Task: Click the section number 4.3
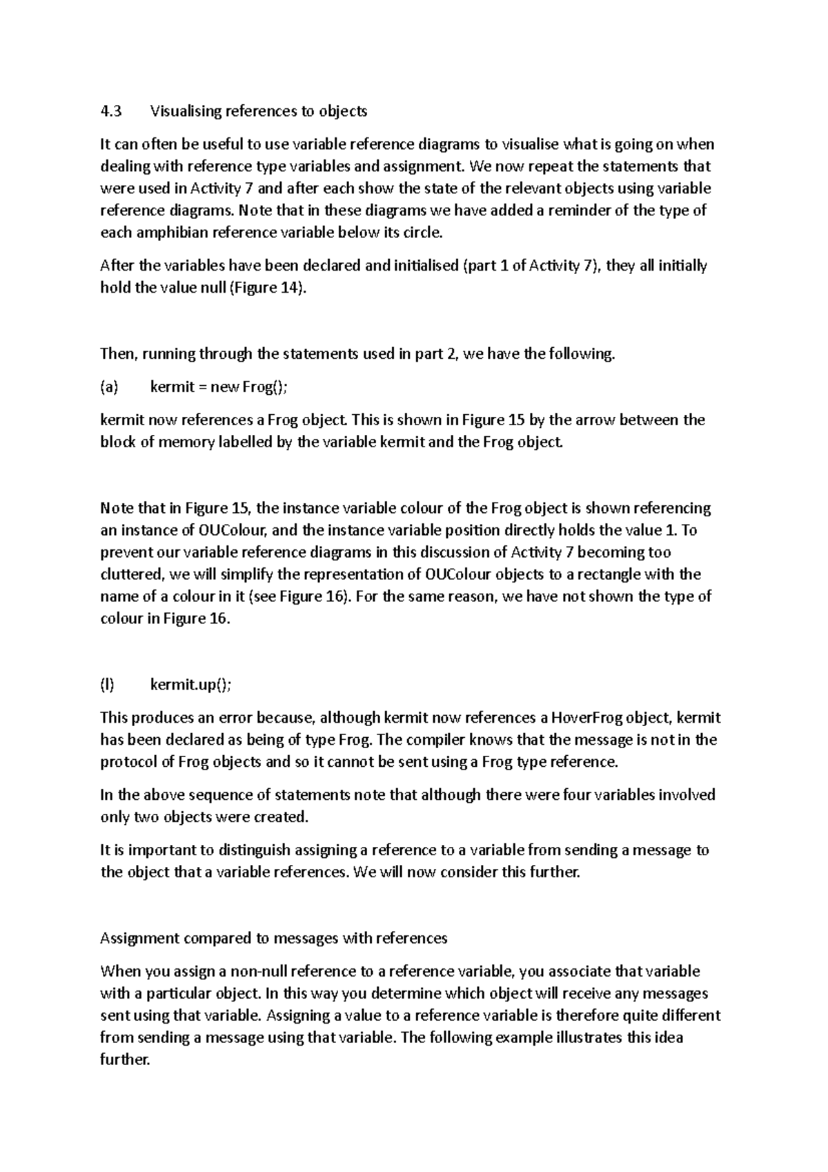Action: (x=110, y=111)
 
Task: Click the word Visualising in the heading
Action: (x=184, y=111)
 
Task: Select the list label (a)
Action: (x=109, y=387)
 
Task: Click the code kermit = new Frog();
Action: (x=219, y=387)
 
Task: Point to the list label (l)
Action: (x=107, y=685)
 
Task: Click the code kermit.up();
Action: (x=191, y=685)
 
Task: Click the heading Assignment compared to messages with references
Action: (x=274, y=939)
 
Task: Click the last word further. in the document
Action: (x=125, y=1060)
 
